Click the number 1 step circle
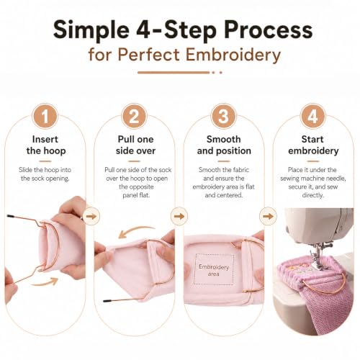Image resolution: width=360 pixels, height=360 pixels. click(45, 117)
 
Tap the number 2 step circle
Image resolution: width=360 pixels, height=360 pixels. click(134, 117)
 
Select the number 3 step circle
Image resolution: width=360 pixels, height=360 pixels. click(223, 117)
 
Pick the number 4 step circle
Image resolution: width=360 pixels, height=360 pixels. click(312, 117)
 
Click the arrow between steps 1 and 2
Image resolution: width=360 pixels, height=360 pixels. click(91, 216)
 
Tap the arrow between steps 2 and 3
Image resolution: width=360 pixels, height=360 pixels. click(179, 216)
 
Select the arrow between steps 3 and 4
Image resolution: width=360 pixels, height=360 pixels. click(268, 216)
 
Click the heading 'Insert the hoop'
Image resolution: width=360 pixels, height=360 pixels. click(45, 145)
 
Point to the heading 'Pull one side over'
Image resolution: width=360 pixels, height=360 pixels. click(135, 145)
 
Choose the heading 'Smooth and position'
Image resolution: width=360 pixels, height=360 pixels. click(224, 145)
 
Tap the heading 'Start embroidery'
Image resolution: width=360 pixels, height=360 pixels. click(313, 145)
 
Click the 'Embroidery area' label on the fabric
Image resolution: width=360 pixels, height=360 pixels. click(214, 270)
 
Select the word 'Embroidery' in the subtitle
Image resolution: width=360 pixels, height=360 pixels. click(233, 55)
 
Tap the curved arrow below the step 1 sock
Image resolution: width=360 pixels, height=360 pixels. click(45, 282)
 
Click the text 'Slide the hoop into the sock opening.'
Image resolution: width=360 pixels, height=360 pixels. click(45, 174)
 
